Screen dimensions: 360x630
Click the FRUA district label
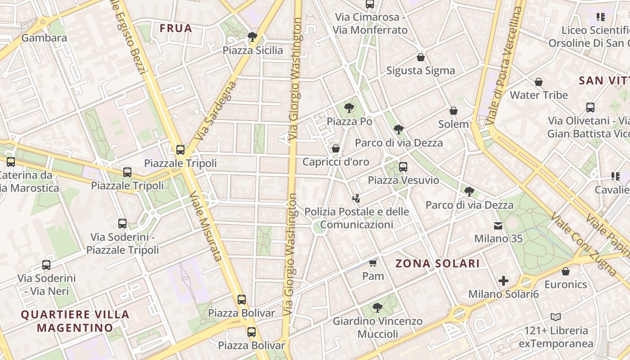(176, 28)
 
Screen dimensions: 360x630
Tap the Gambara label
(44, 38)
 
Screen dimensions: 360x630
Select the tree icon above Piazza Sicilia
(252, 36)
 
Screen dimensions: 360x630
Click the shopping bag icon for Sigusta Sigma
(421, 57)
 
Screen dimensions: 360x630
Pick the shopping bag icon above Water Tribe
(539, 82)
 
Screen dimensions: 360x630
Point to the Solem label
(454, 124)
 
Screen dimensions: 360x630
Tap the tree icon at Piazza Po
(349, 108)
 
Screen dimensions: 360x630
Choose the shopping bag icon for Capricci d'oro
(336, 148)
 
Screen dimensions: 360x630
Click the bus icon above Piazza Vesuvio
(403, 167)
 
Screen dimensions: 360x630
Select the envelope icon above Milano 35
(498, 225)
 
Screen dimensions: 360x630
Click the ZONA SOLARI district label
(437, 263)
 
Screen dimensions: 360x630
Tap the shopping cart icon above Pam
(373, 263)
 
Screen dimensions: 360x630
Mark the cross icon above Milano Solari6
(504, 281)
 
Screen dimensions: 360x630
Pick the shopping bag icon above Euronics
(566, 271)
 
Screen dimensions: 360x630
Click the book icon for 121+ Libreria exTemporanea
(556, 317)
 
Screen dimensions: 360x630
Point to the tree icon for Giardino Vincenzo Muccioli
(378, 308)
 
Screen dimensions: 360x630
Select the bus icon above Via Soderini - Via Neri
(46, 265)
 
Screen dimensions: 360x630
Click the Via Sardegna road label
(216, 110)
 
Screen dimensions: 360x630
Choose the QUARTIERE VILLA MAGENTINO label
(75, 321)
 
